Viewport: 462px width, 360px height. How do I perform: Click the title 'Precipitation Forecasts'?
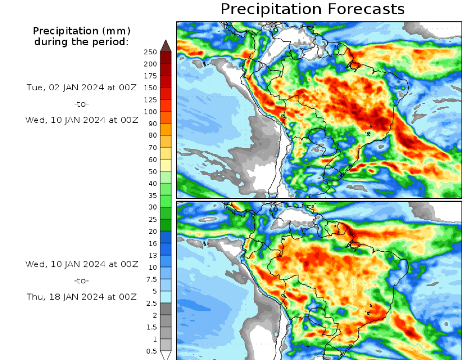[x=312, y=9]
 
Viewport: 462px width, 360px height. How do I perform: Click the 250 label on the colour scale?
[x=150, y=52]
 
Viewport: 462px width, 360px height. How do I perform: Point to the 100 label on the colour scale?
[x=150, y=112]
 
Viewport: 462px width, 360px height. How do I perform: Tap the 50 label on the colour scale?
[x=152, y=171]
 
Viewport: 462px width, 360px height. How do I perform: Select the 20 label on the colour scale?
[x=152, y=231]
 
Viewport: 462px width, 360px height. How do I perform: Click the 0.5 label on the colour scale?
[x=151, y=351]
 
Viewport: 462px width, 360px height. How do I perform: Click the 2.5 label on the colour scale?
[x=151, y=303]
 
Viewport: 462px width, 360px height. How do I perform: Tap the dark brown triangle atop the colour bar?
[x=165, y=46]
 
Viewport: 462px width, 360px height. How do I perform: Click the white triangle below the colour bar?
[x=165, y=355]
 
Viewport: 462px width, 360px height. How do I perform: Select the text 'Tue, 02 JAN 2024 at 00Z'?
[x=82, y=88]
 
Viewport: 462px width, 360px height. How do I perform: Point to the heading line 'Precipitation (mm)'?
[x=82, y=31]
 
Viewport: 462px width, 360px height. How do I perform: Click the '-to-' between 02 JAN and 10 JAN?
[x=82, y=104]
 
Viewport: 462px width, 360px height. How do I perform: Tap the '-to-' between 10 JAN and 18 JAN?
[x=82, y=280]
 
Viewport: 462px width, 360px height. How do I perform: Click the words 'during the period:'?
[x=82, y=42]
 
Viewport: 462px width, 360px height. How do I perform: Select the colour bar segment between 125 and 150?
[x=165, y=94]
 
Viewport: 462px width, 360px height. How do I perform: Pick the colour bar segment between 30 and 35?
[x=165, y=201]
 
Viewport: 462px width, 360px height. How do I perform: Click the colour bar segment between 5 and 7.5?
[x=165, y=285]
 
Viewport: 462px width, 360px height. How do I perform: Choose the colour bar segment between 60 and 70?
[x=165, y=153]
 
